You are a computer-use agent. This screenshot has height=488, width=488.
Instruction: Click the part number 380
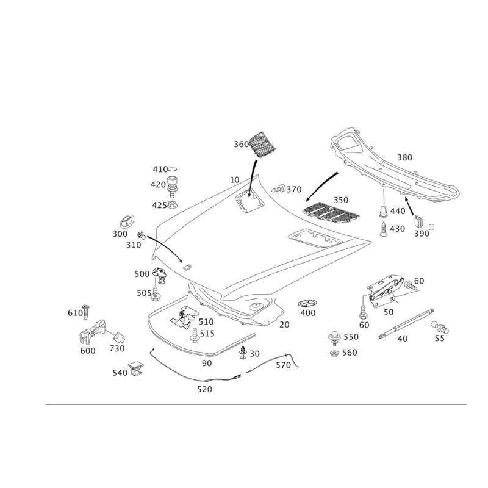405,157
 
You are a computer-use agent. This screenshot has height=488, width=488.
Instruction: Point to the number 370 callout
294,190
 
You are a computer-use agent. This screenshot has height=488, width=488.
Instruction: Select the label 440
397,211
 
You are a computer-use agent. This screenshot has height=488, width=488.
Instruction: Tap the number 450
397,228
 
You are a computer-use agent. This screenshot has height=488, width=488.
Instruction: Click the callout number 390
421,233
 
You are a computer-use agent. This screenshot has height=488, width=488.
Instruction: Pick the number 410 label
159,168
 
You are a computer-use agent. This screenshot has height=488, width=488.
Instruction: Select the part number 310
134,245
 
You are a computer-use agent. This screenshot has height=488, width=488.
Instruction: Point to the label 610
74,314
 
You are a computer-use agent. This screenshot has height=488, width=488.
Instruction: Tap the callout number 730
116,349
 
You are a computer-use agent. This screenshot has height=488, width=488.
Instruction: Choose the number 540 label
119,373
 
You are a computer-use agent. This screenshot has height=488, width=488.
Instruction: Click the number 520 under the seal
205,389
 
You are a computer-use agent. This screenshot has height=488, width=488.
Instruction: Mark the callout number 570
283,365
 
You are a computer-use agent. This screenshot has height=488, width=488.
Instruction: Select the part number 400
307,313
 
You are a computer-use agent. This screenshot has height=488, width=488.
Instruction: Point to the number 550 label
351,337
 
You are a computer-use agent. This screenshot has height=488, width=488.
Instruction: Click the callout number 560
351,353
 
